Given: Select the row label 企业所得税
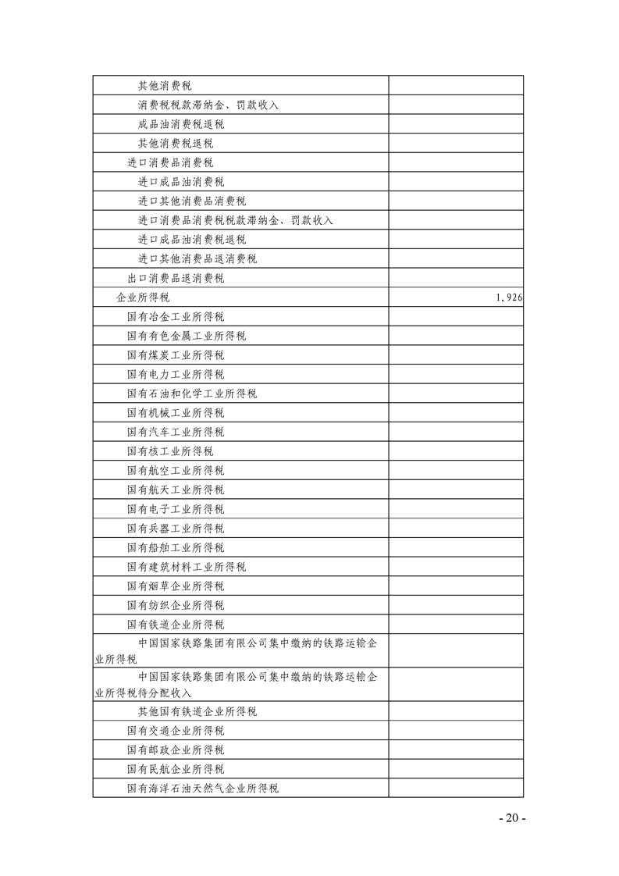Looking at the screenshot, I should click(x=143, y=297).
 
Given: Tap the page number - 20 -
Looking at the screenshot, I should click(x=512, y=818).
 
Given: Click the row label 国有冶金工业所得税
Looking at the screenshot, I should click(x=176, y=317).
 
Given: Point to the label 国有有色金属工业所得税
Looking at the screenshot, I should click(x=187, y=336).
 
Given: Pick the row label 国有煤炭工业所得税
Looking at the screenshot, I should click(x=176, y=355).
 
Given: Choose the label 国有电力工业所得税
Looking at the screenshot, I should click(x=176, y=375).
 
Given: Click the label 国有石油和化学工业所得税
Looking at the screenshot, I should click(x=192, y=393).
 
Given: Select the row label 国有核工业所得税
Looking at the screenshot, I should click(x=170, y=451).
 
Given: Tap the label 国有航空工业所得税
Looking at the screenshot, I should click(x=176, y=471).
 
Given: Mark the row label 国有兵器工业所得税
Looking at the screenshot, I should click(x=176, y=529).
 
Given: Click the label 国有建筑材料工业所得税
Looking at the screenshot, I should click(x=187, y=567).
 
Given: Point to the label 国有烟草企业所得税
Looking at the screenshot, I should click(x=176, y=586).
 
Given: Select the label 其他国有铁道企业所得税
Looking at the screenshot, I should click(x=197, y=712).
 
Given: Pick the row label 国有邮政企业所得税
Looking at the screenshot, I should click(x=176, y=750).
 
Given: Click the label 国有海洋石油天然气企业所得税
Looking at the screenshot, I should click(x=203, y=789).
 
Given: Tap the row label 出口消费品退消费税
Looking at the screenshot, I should click(x=176, y=278).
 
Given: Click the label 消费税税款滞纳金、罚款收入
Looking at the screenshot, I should click(x=208, y=105).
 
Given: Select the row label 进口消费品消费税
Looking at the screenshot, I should click(x=170, y=162).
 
